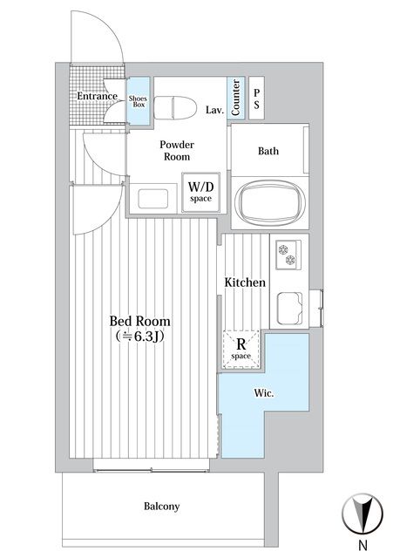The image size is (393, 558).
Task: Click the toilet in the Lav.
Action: click(176, 107)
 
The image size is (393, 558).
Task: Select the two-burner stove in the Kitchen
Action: click(288, 255)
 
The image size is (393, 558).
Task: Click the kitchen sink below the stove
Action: click(290, 308)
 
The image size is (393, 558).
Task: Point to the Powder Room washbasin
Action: click(153, 199)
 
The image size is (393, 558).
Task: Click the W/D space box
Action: click(200, 192)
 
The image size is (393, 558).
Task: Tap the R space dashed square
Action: click(241, 349)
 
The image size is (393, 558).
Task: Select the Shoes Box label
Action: click(138, 101)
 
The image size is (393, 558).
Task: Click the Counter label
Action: click(235, 98)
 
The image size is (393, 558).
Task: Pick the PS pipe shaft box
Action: click(256, 99)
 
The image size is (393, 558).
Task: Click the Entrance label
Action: click(97, 96)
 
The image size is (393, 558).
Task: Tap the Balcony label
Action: click(162, 506)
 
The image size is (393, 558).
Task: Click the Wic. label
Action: click(264, 393)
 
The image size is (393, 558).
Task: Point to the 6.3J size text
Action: click(139, 337)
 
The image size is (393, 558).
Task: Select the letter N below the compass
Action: click(363, 545)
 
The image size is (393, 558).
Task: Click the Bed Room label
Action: click(139, 321)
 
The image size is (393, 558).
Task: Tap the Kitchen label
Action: click(245, 282)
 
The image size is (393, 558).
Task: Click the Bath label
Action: click(268, 151)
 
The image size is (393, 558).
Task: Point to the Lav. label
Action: click(215, 110)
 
